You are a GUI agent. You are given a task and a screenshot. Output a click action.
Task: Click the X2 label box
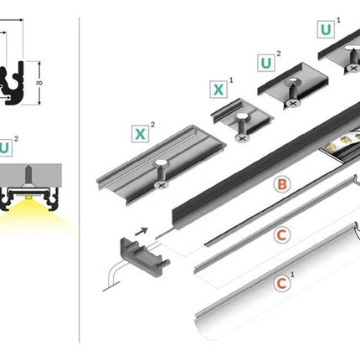tap(140, 134)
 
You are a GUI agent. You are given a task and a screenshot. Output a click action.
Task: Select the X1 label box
tap(219, 90)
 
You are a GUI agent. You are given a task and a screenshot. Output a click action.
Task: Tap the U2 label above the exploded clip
tap(266, 64)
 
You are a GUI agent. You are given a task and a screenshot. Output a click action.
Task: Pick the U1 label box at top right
tap(326, 29)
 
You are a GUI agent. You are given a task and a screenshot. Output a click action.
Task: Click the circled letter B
tap(282, 184)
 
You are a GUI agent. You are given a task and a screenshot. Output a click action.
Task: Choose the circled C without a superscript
tap(282, 235)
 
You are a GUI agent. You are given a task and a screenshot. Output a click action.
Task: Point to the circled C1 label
tap(282, 284)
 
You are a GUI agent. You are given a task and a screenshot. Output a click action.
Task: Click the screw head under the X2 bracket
tap(162, 185)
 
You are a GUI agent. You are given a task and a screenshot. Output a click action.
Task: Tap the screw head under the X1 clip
tap(242, 137)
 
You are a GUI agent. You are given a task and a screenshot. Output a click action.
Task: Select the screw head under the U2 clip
tap(293, 104)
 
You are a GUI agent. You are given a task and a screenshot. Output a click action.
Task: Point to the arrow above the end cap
tap(141, 231)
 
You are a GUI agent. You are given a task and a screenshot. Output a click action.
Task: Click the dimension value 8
tap(39, 83)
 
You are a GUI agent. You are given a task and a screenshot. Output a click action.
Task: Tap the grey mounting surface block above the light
tap(31, 175)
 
